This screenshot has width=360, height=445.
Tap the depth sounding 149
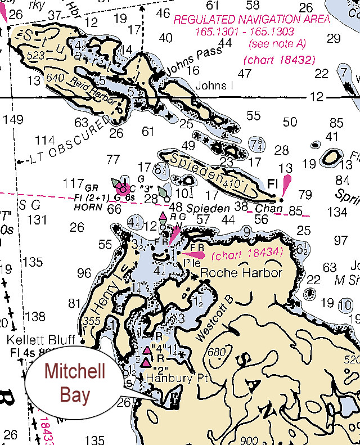pyautogui.click(x=12, y=119)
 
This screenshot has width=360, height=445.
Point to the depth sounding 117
pyautogui.click(x=74, y=183)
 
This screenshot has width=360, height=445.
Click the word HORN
pyautogui.click(x=87, y=206)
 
